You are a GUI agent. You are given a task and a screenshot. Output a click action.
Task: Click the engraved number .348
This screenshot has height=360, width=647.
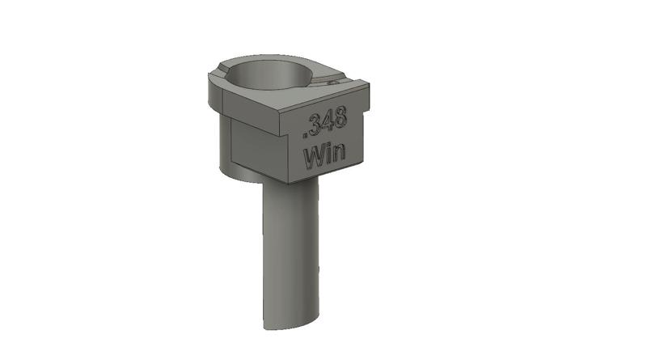click(x=324, y=123)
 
